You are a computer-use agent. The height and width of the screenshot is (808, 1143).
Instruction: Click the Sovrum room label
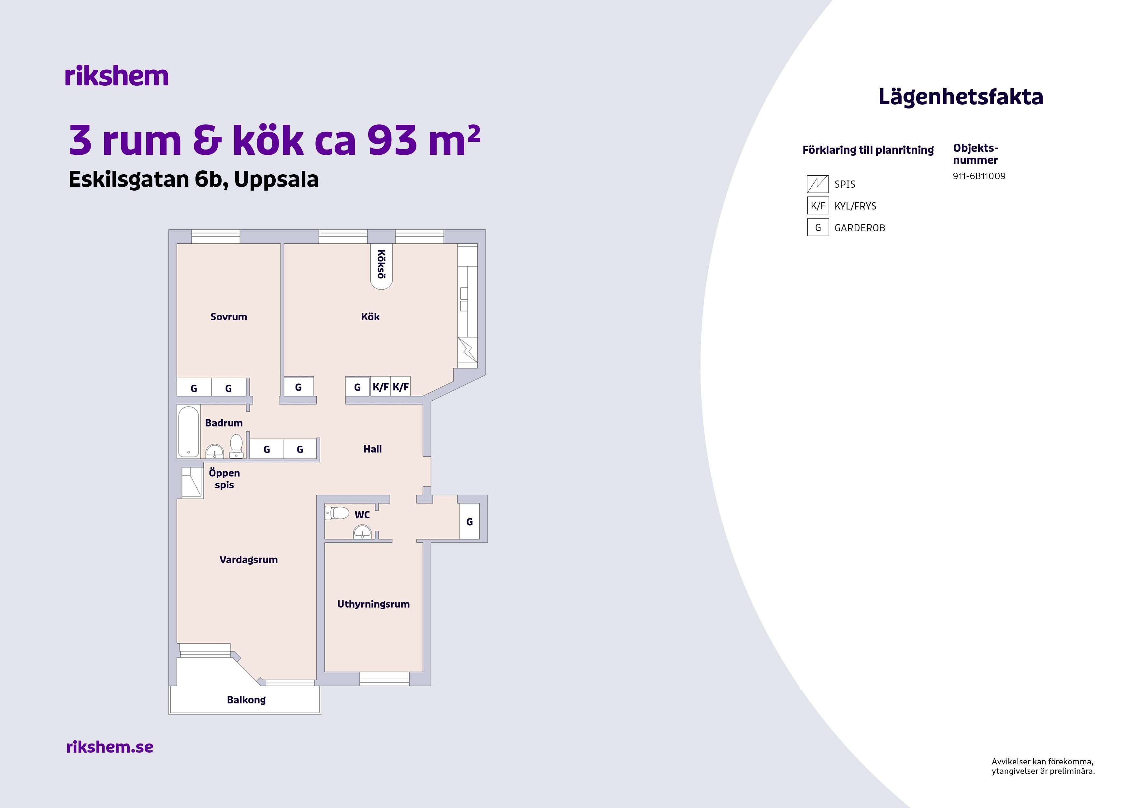coord(228,317)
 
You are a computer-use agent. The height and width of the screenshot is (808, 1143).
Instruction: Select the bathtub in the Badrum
coord(189,432)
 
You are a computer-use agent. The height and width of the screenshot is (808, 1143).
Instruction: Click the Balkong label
coord(246,700)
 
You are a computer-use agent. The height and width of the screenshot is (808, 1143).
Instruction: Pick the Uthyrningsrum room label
coord(373,604)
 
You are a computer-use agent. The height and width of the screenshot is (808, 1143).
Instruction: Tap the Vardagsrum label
coord(248,560)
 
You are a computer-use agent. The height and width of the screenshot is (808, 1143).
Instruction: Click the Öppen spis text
coord(224,479)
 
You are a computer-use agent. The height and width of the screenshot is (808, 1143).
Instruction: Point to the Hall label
coord(372,449)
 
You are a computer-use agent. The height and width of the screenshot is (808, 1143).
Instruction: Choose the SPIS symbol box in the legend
coord(817,184)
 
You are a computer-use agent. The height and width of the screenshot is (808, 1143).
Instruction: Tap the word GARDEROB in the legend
coord(860,228)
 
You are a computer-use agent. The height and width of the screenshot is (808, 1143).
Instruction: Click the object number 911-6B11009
coord(979,176)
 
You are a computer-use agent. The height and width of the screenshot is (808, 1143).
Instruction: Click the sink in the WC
coord(362,534)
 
